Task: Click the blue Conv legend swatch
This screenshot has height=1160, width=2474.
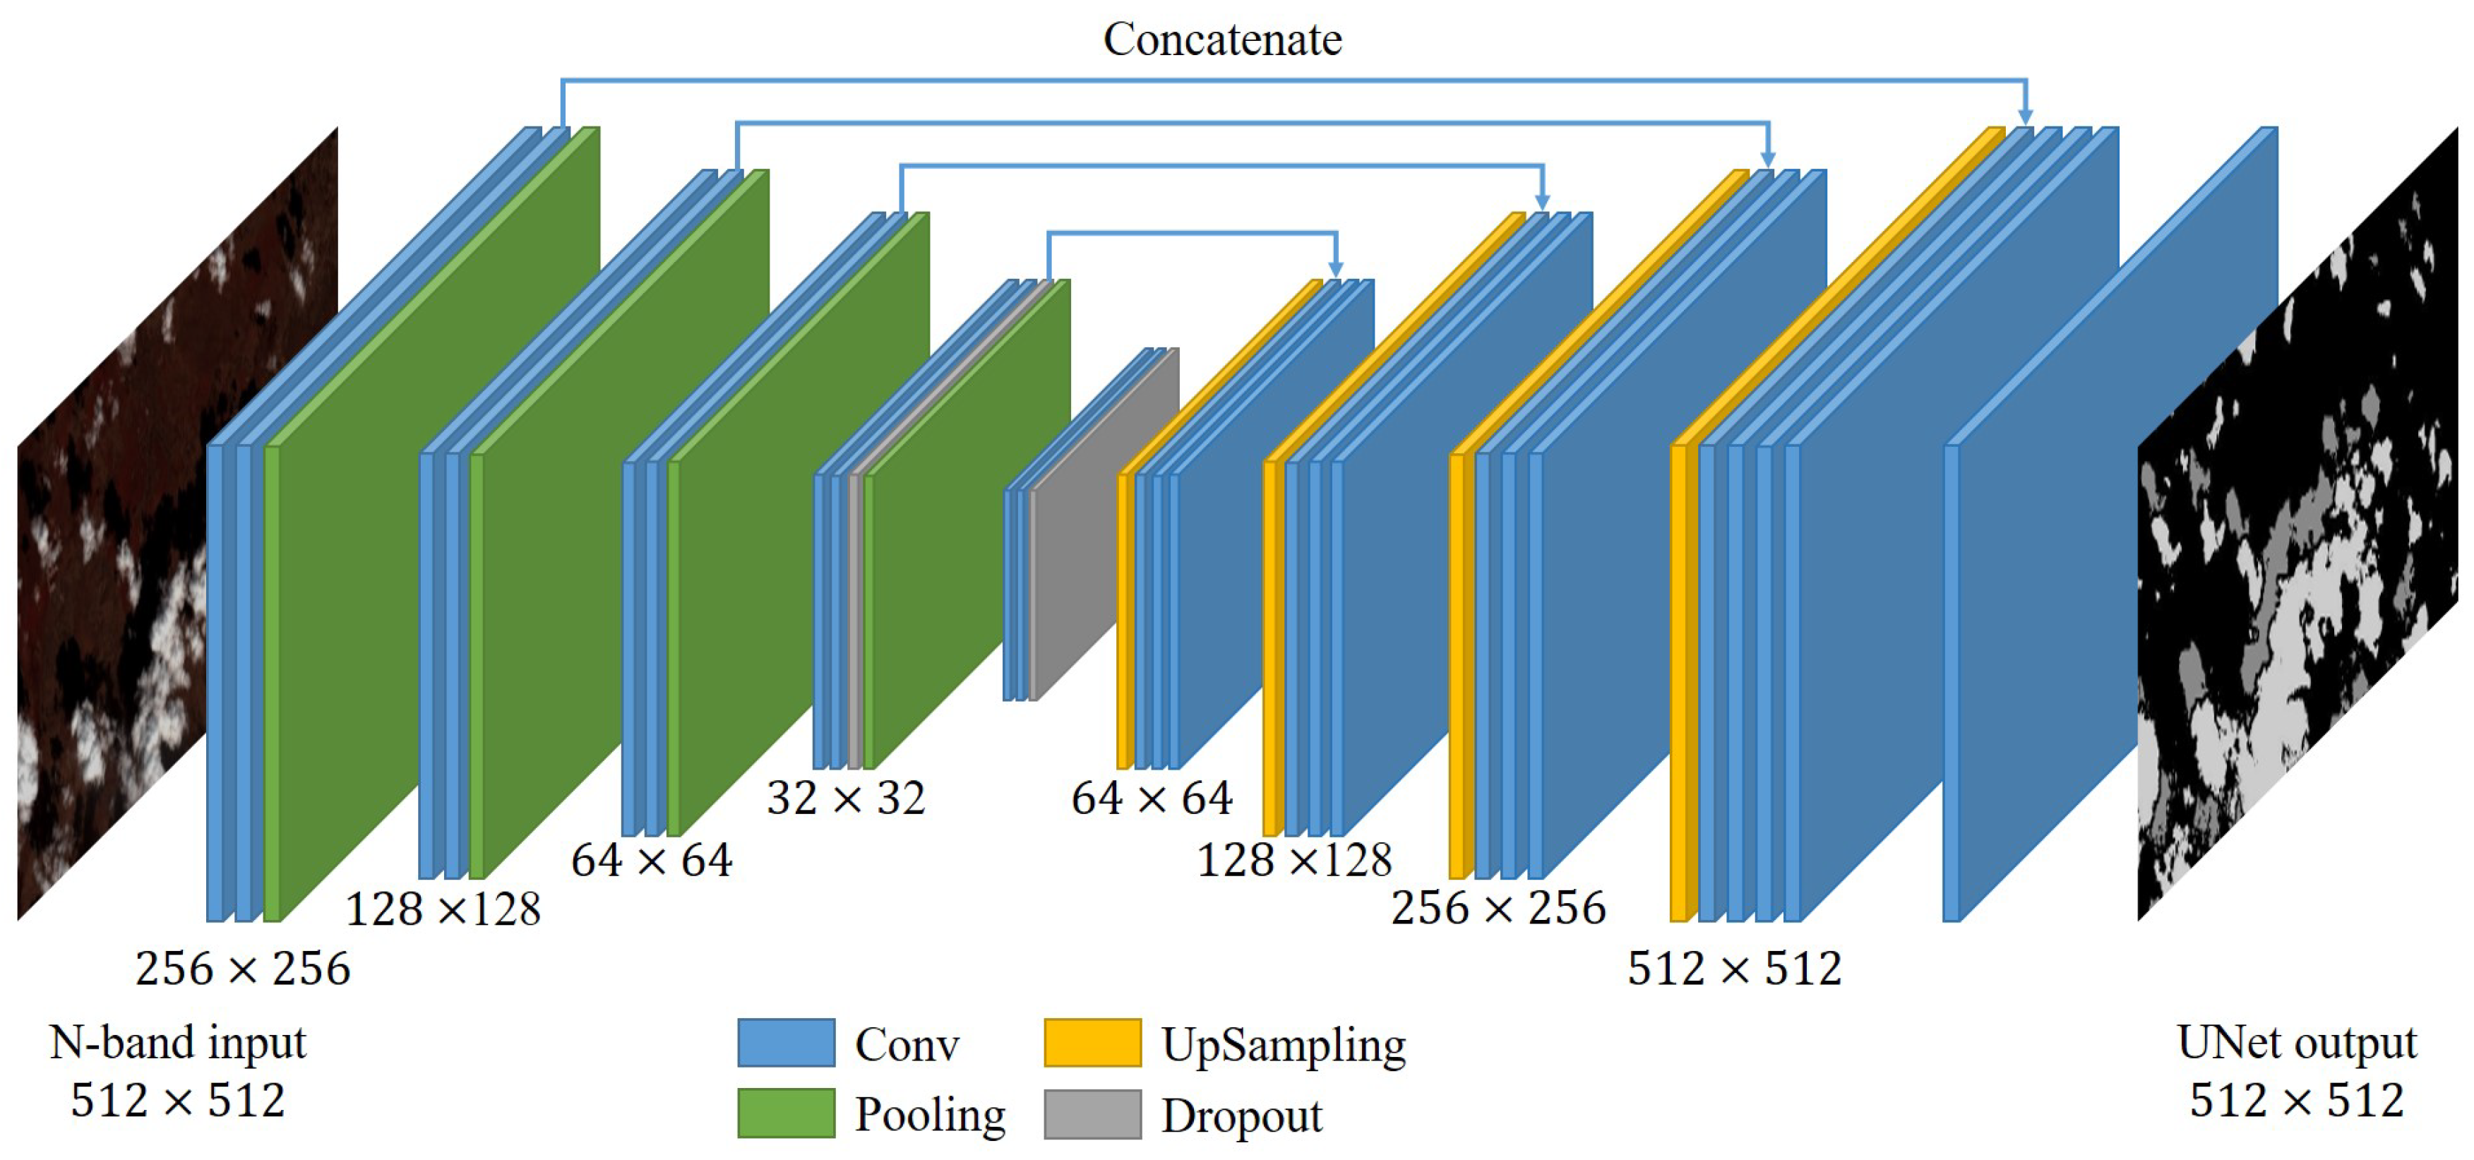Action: [x=786, y=1043]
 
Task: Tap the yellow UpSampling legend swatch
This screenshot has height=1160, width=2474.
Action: [x=1092, y=1043]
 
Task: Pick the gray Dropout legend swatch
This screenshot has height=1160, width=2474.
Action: [x=1092, y=1114]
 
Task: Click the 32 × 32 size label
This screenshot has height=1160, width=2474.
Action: [x=845, y=798]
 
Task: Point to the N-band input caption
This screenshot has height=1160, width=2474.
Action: [x=178, y=1043]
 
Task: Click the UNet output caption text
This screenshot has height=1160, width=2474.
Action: [x=2296, y=1043]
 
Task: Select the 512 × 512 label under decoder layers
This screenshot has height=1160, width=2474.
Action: [x=1733, y=968]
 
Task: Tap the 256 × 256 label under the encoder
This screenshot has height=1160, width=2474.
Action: [x=242, y=968]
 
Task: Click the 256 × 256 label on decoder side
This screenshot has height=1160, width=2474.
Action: [x=1498, y=907]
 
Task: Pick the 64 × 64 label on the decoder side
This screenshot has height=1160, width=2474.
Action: [x=1151, y=798]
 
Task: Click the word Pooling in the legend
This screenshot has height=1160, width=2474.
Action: [x=930, y=1115]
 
